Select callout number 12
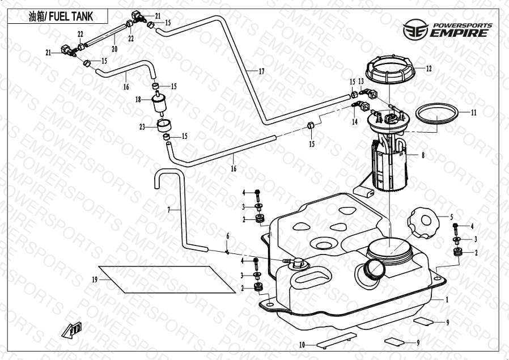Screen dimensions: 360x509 tap(429, 69)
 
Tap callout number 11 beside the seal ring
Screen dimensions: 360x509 tap(473, 112)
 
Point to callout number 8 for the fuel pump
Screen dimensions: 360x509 tap(422, 154)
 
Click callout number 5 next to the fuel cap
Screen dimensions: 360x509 tap(452, 216)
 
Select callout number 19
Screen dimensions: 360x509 tap(95, 279)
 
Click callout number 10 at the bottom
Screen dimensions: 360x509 tap(302, 344)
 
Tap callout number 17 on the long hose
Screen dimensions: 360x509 tap(261, 71)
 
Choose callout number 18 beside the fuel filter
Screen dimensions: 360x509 tap(138, 99)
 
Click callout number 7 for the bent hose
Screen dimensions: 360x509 tap(168, 210)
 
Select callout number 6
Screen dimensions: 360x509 tap(228, 235)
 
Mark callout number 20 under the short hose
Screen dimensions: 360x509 tap(114, 48)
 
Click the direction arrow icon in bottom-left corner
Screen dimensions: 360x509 tap(72, 330)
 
